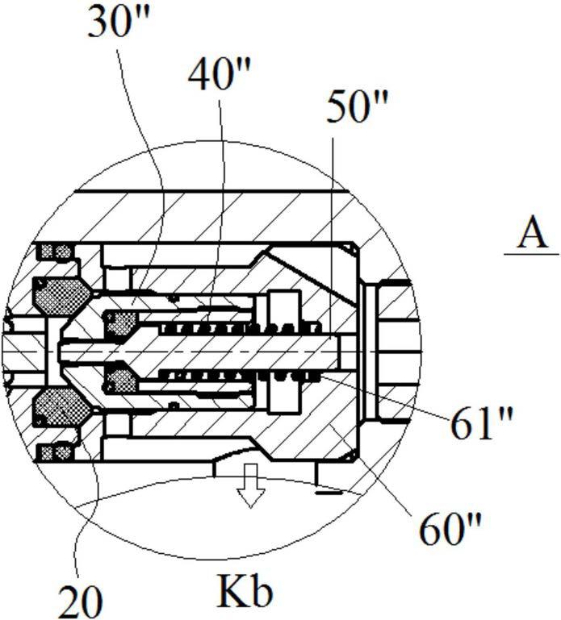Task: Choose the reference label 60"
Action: [450, 529]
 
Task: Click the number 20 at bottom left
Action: [80, 598]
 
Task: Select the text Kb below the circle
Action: [245, 593]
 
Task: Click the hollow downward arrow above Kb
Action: [250, 485]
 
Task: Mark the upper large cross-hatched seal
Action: [59, 295]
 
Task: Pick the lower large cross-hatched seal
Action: [59, 408]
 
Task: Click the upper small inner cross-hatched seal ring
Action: [122, 323]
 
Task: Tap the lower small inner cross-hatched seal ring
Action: [122, 379]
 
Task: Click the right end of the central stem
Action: [344, 352]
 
